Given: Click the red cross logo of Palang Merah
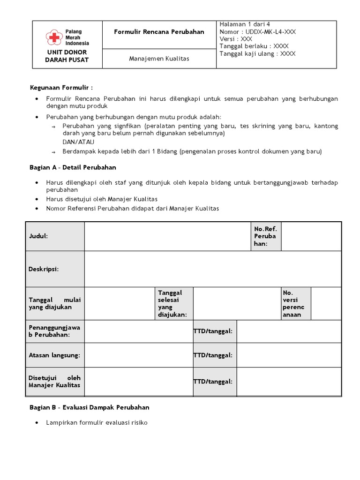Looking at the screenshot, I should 55,37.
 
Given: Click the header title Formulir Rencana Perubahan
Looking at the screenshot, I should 159,32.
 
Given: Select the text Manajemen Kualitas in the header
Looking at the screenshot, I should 159,59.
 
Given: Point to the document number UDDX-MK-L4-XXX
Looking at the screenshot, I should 265,32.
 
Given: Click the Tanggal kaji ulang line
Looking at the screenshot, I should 257,53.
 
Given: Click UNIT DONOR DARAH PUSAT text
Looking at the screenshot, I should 67,56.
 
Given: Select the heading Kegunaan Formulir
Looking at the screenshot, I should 61,87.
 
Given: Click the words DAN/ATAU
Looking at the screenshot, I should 78,142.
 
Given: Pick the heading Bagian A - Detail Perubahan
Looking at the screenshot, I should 73,167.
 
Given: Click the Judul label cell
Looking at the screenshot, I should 55,236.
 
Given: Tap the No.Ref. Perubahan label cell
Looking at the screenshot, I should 265,236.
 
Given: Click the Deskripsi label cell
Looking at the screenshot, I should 55,269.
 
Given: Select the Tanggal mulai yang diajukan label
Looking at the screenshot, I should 55,303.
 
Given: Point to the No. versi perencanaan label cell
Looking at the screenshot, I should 295,303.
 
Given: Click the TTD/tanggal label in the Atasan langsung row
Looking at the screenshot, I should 213,355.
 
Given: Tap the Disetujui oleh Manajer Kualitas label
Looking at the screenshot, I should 55,381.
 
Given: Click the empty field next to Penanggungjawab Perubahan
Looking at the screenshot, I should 138,331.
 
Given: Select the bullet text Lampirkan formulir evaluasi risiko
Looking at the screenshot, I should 97,422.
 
